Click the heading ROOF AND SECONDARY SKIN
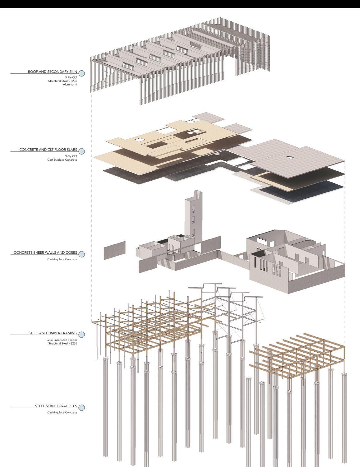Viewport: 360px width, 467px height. pos(53,72)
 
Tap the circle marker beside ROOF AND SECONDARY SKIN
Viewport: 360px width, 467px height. pos(82,73)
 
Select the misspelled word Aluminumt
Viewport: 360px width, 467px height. pos(70,84)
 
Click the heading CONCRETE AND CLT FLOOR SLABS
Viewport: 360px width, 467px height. pos(48,150)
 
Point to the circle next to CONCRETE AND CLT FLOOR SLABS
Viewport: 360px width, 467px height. pos(82,151)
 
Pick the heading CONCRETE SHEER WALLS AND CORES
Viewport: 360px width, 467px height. pos(45,252)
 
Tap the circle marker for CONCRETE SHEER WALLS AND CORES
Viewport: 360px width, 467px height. pos(82,254)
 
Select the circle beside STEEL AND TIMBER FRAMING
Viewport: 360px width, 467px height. pos(82,335)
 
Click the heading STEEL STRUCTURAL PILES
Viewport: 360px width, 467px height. pos(56,406)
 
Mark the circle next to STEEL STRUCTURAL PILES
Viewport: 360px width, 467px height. pos(82,408)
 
